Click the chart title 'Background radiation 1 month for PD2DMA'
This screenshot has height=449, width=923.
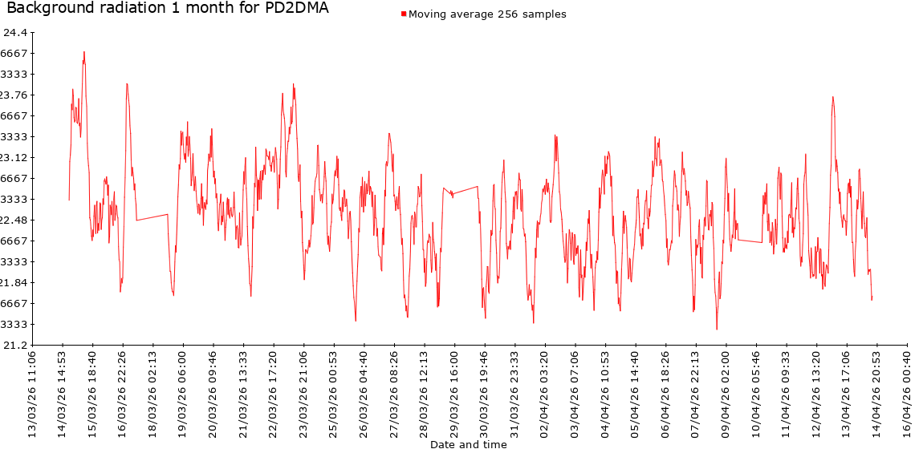click(x=167, y=8)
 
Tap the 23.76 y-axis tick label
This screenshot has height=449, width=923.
click(x=16, y=95)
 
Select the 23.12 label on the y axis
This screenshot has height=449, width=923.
click(x=16, y=157)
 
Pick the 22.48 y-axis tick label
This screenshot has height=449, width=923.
click(x=16, y=220)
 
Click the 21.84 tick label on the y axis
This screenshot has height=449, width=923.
click(x=16, y=282)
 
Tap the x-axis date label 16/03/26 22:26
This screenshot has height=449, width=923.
click(x=123, y=390)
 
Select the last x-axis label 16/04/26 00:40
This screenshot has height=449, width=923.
click(x=907, y=390)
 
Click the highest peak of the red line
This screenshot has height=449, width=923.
click(x=83, y=52)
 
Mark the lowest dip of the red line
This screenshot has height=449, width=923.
click(x=717, y=329)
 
